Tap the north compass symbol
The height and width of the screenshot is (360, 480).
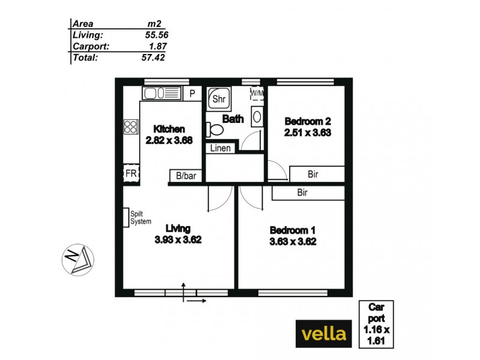[x=76, y=260]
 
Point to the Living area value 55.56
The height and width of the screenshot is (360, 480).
[x=155, y=35]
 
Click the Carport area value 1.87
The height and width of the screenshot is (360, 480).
[x=157, y=46]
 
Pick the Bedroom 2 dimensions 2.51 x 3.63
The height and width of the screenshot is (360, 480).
[x=307, y=133]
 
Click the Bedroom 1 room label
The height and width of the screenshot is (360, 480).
[x=292, y=231]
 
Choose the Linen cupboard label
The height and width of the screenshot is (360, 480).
[x=220, y=148]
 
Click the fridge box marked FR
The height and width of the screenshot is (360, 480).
[x=130, y=173]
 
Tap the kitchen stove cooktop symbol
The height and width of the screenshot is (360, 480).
[x=130, y=126]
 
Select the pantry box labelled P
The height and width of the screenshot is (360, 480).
[x=192, y=94]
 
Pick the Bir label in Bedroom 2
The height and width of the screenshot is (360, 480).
[x=313, y=175]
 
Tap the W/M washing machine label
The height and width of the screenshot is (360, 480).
[x=257, y=94]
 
